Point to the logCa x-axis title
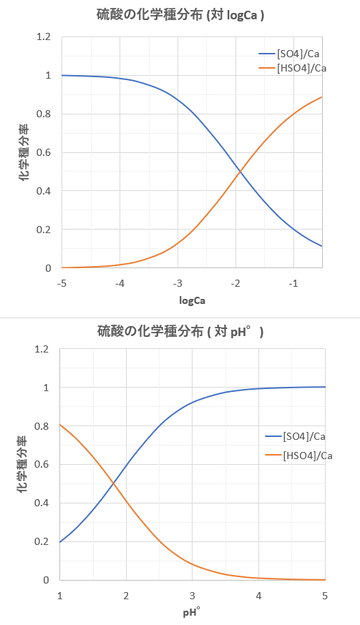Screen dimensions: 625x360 point(191,299)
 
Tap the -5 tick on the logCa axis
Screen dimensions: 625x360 point(61,282)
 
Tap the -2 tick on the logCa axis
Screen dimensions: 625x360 point(236,282)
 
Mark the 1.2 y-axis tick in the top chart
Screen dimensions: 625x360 point(42,38)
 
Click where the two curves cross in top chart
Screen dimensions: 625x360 point(239,172)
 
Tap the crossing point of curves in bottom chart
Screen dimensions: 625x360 point(113,485)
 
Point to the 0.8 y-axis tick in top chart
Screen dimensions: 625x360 point(42,115)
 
